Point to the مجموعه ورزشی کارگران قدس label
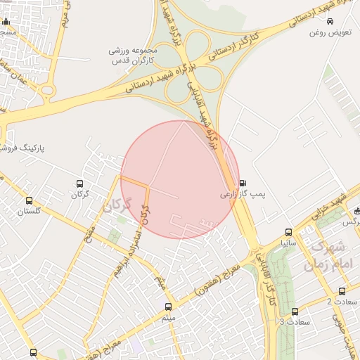[135, 56]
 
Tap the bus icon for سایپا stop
[288, 232]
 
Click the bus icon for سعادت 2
[342, 290]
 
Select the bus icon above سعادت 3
[294, 311]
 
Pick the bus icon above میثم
[167, 307]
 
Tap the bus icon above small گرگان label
[79, 184]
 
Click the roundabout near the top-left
[47, 89]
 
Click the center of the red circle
[180, 179]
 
